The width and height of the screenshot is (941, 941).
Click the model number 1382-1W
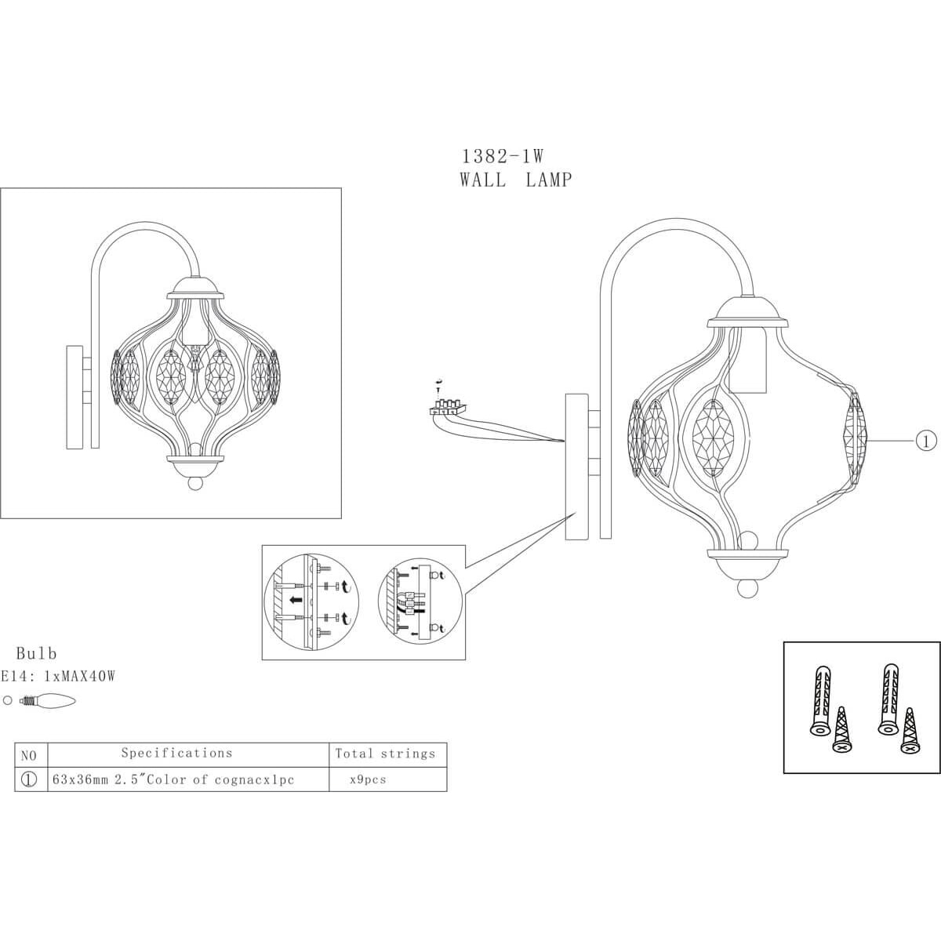[x=503, y=156]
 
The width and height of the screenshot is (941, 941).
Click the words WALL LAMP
[x=515, y=180]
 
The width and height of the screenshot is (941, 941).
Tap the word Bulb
[x=37, y=653]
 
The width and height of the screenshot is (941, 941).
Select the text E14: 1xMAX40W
[x=57, y=676]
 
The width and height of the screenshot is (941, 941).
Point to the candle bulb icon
[x=48, y=701]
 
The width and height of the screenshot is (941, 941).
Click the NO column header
[x=29, y=756]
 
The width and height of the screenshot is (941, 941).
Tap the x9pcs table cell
[x=368, y=779]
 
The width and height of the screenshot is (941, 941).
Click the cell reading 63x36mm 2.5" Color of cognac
[x=173, y=779]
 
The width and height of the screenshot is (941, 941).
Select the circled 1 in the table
[x=29, y=779]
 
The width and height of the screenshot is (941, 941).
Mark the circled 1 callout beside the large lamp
[x=925, y=441]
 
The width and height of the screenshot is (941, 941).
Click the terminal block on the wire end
[x=447, y=406]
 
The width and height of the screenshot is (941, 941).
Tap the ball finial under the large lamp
[x=747, y=587]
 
